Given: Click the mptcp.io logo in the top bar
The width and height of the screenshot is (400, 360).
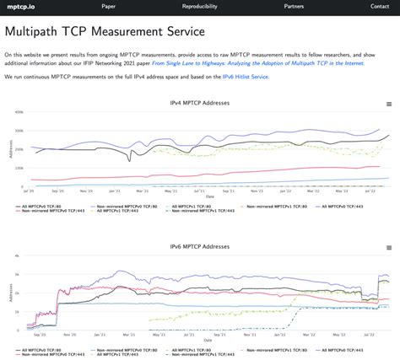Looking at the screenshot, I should pyautogui.click(x=19, y=6).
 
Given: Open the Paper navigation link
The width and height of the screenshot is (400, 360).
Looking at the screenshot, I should pyautogui.click(x=109, y=6).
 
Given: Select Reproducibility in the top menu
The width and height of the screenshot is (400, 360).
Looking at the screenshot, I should pyautogui.click(x=198, y=6).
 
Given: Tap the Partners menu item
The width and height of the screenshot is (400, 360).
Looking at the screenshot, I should pyautogui.click(x=294, y=6).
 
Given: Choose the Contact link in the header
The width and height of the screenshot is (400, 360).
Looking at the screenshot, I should pyautogui.click(x=380, y=6).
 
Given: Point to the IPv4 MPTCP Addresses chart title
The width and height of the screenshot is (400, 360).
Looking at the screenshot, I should pyautogui.click(x=199, y=103).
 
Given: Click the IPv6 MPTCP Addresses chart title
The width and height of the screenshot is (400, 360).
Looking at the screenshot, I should pyautogui.click(x=199, y=248).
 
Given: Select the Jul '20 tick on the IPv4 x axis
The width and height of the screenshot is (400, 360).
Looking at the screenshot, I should pyautogui.click(x=28, y=191).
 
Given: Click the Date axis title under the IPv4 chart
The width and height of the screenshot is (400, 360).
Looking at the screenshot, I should pyautogui.click(x=208, y=197).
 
